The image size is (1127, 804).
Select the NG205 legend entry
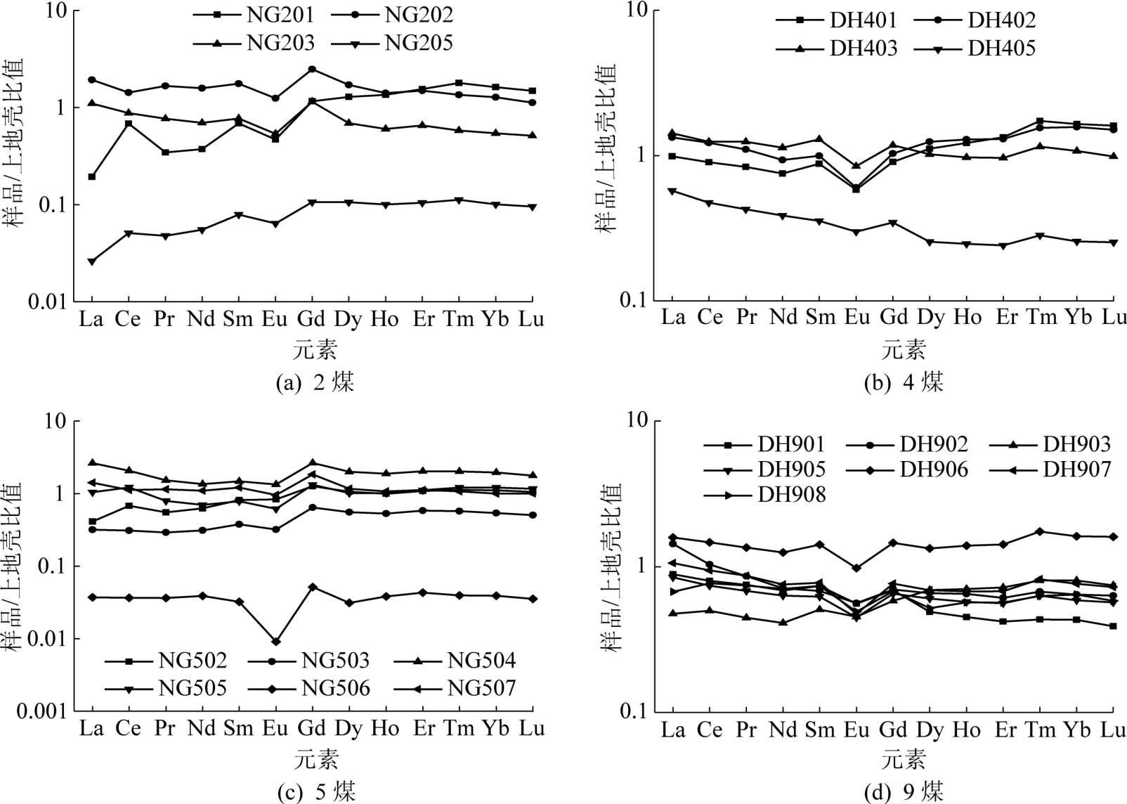coord(419,44)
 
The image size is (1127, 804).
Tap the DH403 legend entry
coord(864,48)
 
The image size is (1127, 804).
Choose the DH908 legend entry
coord(792,495)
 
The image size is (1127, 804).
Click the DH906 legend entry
coord(934,469)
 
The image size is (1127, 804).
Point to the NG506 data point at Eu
coord(275,641)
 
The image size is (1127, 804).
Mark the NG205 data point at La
coord(91,261)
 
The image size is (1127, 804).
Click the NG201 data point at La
coord(91,176)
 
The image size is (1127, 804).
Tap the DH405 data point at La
coord(672,191)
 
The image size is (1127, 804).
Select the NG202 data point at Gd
coord(312,69)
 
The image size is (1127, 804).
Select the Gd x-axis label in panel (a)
coord(311,320)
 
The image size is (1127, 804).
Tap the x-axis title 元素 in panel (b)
coord(904,349)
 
